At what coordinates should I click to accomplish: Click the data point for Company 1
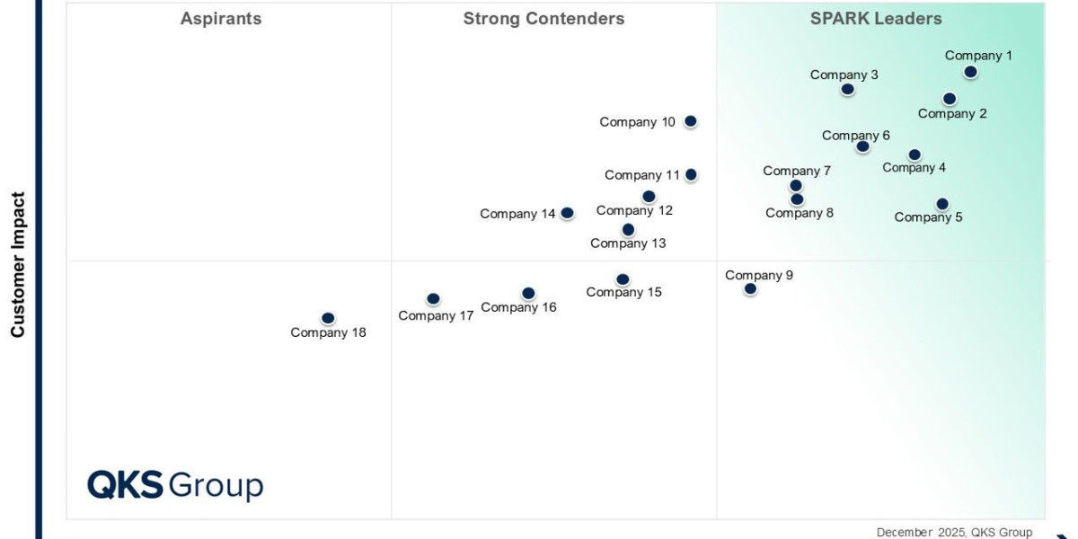(x=970, y=72)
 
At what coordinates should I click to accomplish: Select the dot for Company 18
(x=328, y=318)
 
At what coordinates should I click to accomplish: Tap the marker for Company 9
(x=750, y=288)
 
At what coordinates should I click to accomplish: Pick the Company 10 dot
(x=690, y=121)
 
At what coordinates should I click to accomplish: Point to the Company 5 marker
(x=941, y=204)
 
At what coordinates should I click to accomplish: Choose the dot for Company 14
(x=567, y=213)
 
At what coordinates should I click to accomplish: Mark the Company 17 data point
(x=433, y=299)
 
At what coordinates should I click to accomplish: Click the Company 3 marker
(x=847, y=89)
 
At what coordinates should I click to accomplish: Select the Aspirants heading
(x=221, y=19)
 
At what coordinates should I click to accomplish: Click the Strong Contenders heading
(x=543, y=19)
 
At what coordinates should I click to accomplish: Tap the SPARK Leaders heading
(x=876, y=19)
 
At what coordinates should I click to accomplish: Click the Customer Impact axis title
(x=18, y=265)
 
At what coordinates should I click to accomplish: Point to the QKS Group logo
(x=175, y=485)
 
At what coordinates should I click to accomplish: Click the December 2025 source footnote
(x=954, y=532)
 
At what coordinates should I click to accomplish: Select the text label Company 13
(x=628, y=243)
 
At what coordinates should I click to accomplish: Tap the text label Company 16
(x=518, y=307)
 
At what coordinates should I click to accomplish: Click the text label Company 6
(x=856, y=136)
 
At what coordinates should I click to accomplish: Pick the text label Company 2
(x=952, y=114)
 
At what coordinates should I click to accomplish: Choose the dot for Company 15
(x=623, y=279)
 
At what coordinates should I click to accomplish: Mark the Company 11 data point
(x=690, y=175)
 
